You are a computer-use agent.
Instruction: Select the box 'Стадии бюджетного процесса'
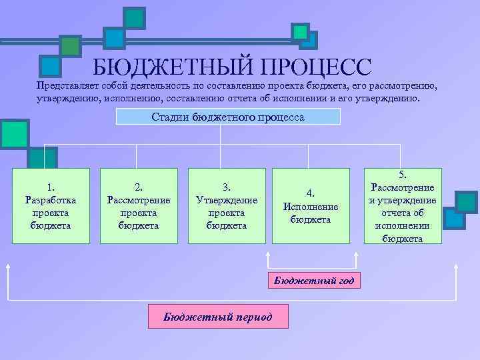click(228, 117)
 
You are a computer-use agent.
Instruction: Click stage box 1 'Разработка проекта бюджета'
click(51, 206)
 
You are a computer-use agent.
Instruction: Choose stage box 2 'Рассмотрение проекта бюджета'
click(139, 206)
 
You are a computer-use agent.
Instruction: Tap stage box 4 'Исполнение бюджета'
click(311, 206)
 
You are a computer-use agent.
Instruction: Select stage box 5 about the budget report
click(403, 206)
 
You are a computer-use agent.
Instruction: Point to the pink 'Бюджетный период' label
click(218, 317)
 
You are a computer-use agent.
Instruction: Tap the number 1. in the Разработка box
click(51, 187)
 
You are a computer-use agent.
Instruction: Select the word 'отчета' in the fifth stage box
click(403, 213)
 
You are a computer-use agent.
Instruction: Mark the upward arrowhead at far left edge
click(9, 266)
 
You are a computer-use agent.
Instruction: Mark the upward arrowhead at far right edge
click(456, 266)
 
